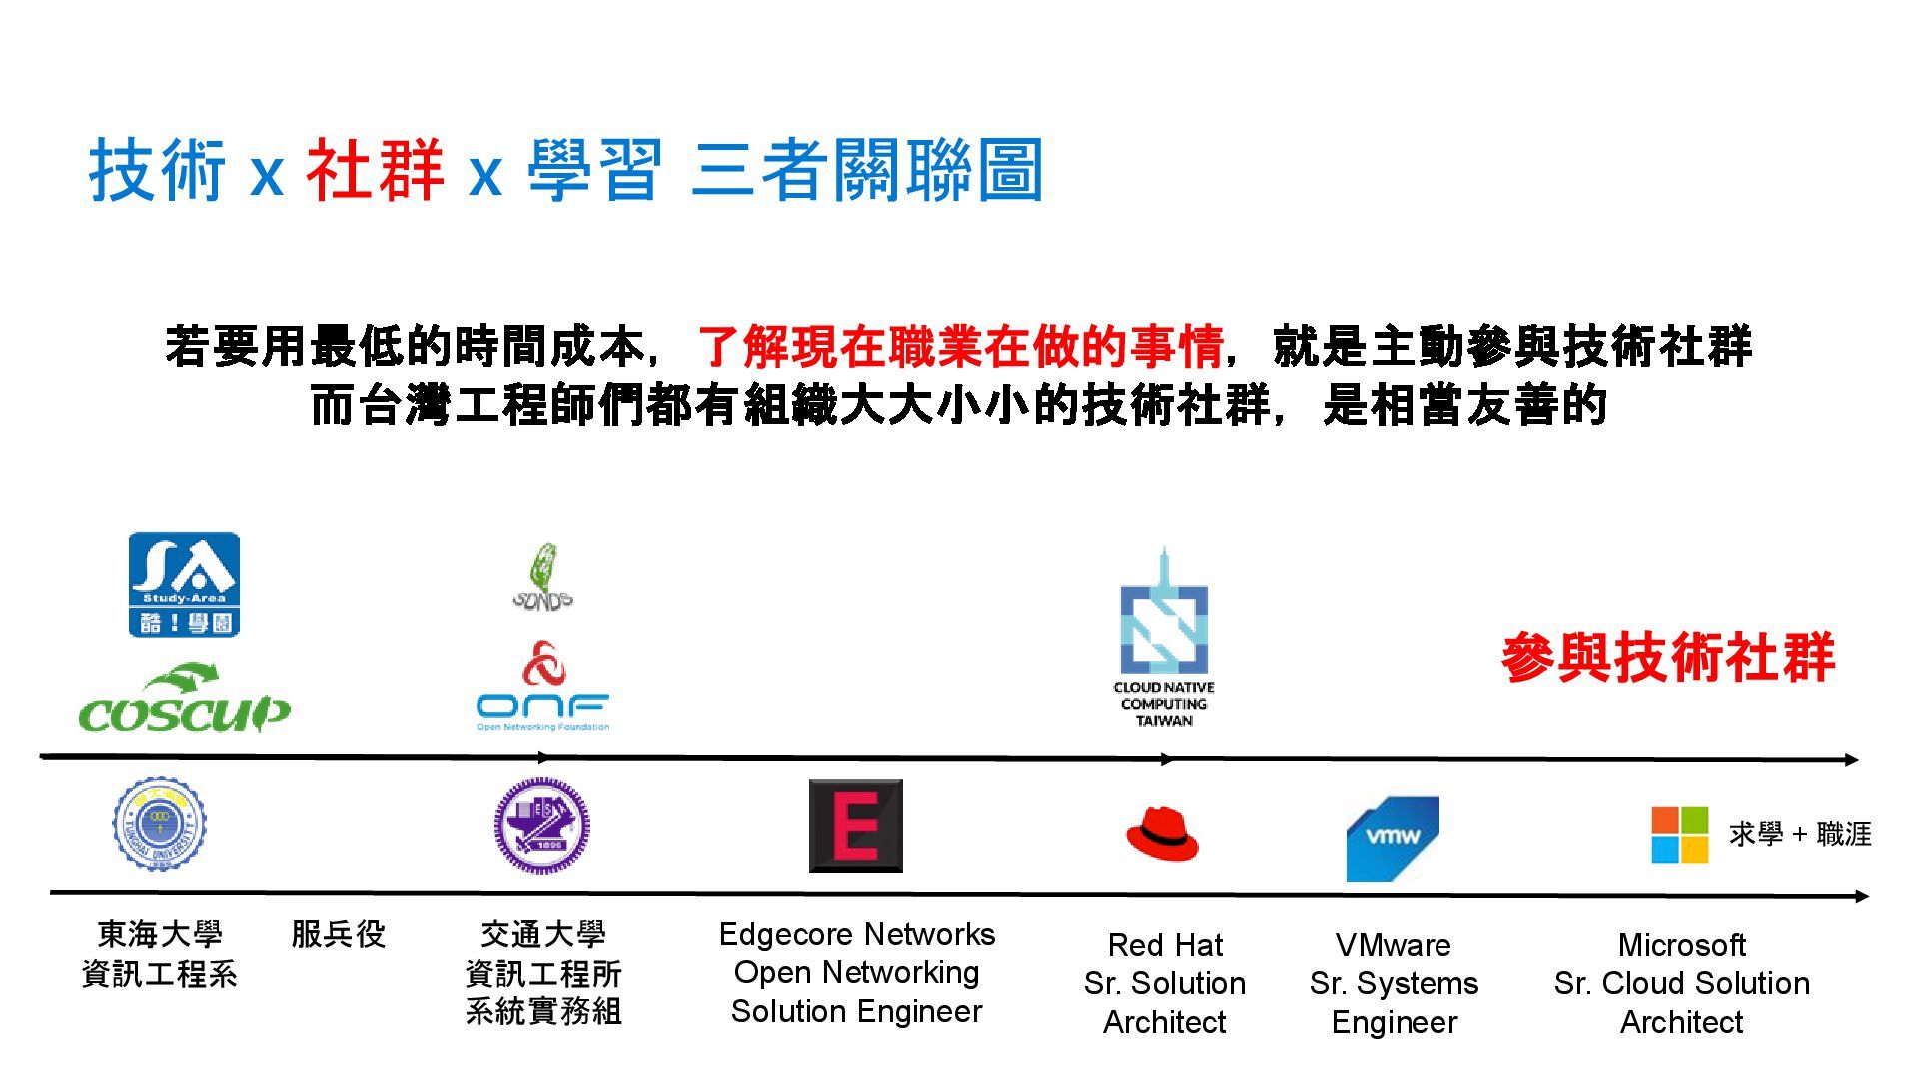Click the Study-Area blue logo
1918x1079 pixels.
tap(184, 584)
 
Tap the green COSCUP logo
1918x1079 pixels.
tap(184, 701)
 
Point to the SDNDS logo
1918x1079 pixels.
tap(542, 578)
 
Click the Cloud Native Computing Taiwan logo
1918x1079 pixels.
tap(1164, 639)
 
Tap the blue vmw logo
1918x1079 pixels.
tap(1393, 838)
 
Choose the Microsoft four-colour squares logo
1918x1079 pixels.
tap(1679, 835)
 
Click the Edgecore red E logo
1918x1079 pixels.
tap(856, 826)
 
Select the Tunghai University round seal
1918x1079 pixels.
tap(159, 825)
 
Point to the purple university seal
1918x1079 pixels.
tap(542, 826)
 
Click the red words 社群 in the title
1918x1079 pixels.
tap(375, 171)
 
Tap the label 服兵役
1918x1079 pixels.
tap(339, 934)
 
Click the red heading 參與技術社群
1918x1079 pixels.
tap(1667, 657)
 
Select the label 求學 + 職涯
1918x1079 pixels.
tap(1800, 834)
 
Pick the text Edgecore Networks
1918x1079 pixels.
tap(857, 934)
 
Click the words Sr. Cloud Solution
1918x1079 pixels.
tap(1682, 983)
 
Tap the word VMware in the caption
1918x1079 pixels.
tap(1394, 945)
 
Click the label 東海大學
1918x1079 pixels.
tap(160, 934)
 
